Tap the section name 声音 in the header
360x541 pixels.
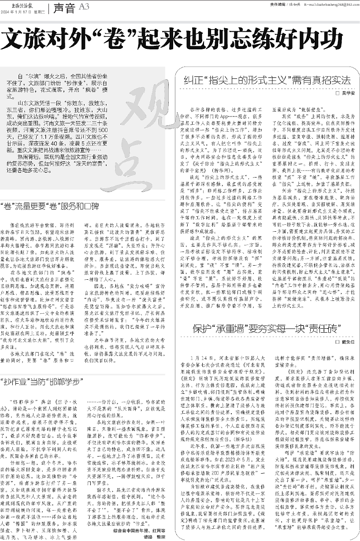coord(64,7)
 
